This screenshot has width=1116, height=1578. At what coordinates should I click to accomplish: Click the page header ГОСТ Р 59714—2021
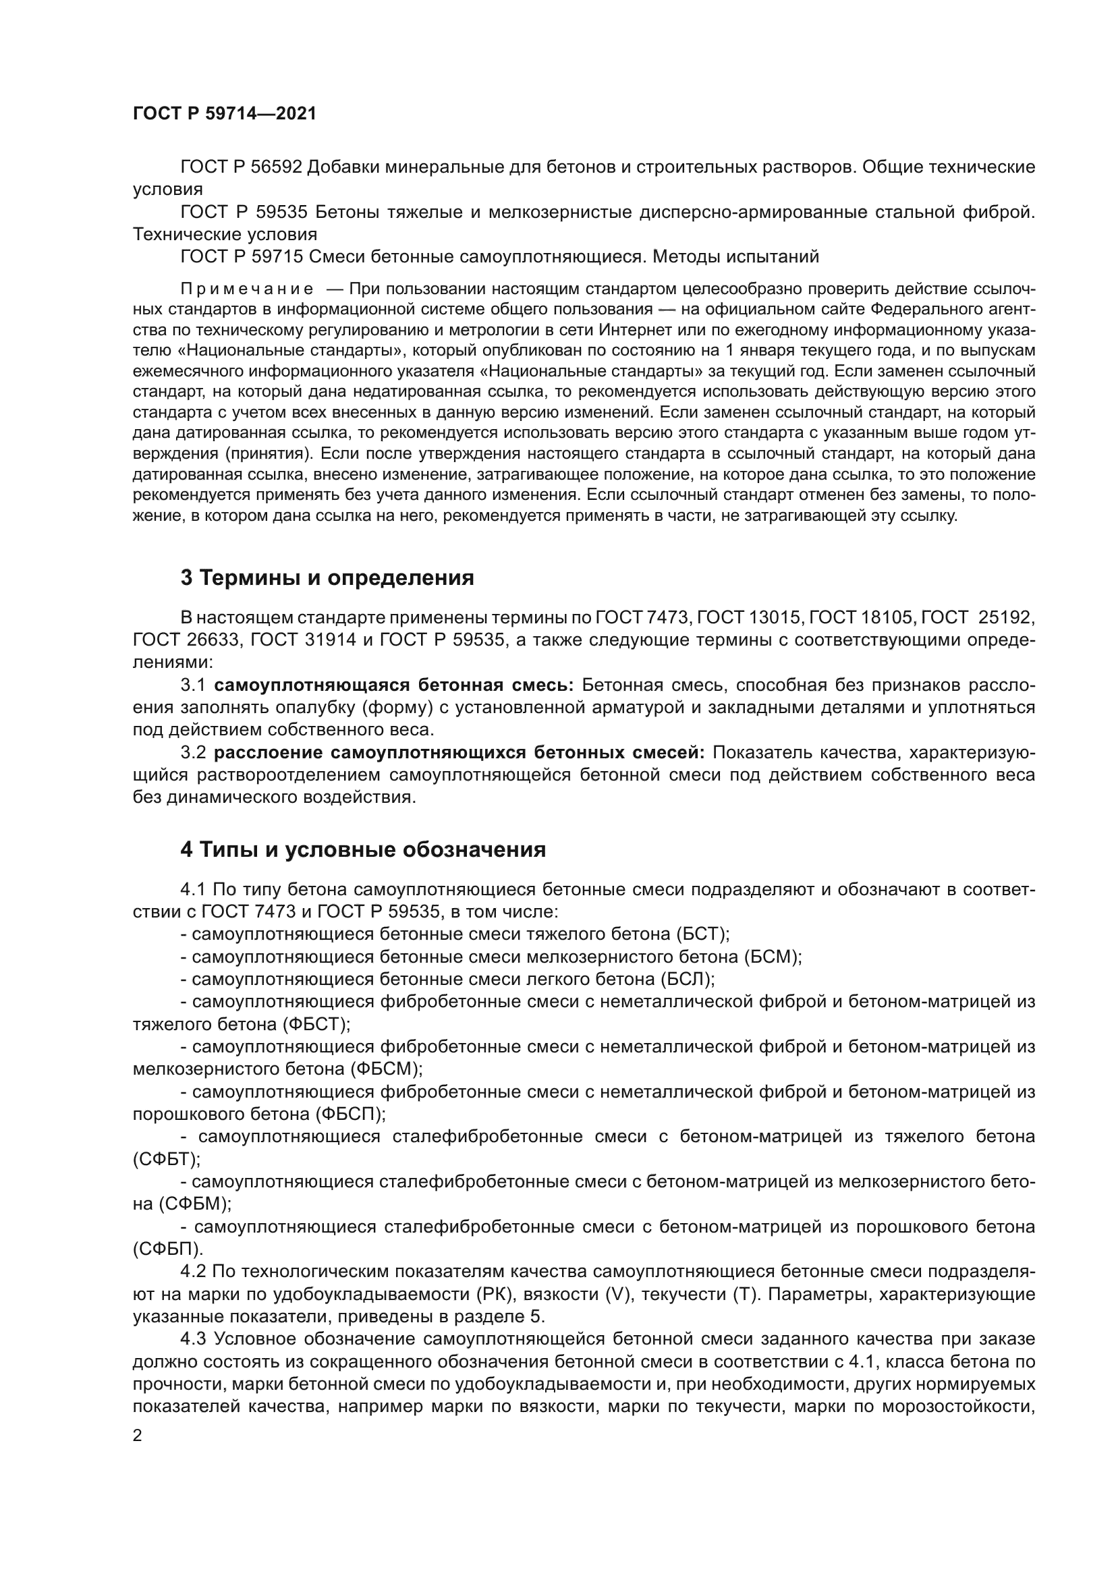click(225, 114)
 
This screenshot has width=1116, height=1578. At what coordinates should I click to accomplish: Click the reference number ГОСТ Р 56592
click(241, 167)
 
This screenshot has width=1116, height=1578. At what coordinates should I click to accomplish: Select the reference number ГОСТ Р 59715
click(241, 256)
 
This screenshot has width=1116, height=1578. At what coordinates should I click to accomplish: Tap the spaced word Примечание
click(247, 288)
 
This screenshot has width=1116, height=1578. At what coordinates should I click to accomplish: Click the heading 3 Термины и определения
click(327, 578)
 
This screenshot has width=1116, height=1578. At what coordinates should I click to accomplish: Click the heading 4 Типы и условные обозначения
click(363, 849)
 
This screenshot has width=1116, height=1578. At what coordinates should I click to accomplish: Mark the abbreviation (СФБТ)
click(166, 1159)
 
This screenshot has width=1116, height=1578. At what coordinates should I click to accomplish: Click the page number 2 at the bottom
click(138, 1436)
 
